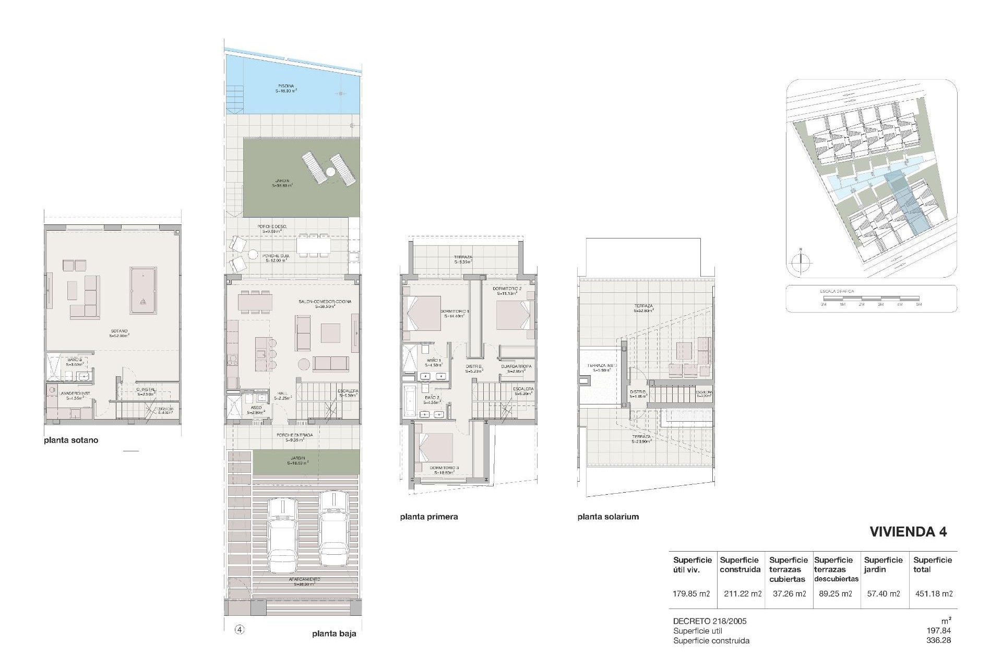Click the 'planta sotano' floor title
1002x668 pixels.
coord(71,440)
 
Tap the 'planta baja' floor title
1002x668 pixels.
coord(334,634)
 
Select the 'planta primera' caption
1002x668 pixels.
coord(429,517)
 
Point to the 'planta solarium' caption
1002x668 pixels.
coord(608,517)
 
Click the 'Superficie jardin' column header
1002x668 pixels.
coord(884,565)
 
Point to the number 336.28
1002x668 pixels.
coord(939,640)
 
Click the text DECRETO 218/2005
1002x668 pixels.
coord(710,621)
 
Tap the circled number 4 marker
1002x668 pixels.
coord(240,629)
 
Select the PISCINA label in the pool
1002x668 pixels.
coord(285,86)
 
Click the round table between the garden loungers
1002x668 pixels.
coord(330,172)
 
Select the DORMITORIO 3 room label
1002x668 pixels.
coord(444,468)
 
